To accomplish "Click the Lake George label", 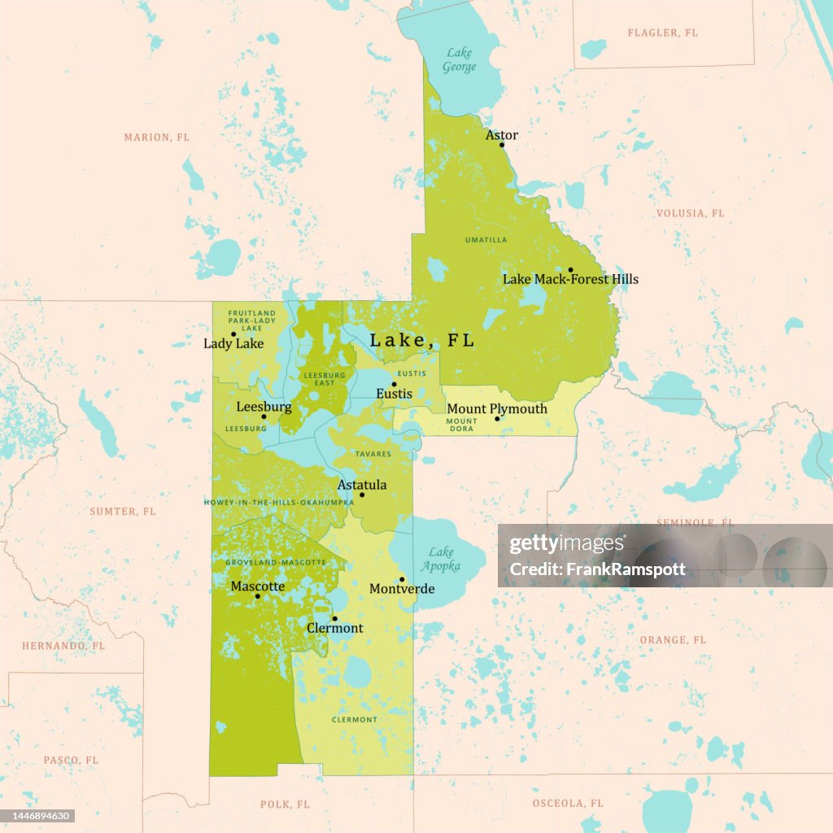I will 459,60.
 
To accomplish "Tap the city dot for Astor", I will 502,145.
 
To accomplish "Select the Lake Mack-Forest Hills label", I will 570,279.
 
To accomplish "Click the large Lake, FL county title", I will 421,340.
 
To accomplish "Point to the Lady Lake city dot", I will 233,334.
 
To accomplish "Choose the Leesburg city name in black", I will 264,406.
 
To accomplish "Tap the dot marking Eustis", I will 394,384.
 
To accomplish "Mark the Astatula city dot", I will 362,495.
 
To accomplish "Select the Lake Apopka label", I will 441,559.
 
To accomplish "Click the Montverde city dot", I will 402,579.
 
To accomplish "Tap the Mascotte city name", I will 257,586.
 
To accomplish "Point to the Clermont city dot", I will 334,618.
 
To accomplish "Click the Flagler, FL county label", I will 662,33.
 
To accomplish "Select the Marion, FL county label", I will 156,137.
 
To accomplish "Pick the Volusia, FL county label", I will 690,213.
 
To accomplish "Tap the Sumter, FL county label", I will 122,511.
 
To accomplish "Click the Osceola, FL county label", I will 568,803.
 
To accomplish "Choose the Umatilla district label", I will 486,240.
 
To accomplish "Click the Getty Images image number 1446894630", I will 39,815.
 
